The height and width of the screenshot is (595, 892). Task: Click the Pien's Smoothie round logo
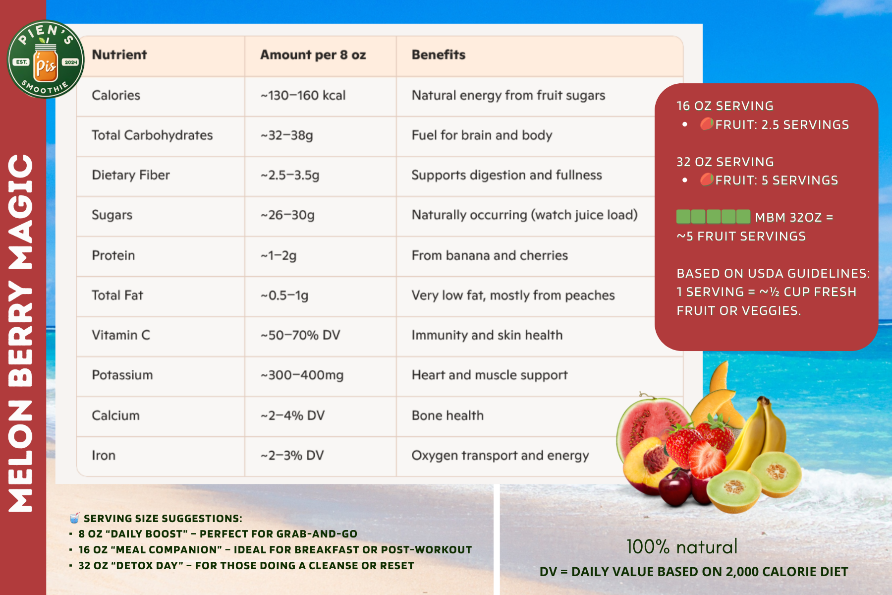click(x=46, y=59)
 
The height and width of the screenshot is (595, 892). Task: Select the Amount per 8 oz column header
click(x=313, y=55)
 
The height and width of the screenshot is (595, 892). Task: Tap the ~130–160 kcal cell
click(x=303, y=95)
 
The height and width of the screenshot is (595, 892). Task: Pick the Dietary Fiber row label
click(x=131, y=175)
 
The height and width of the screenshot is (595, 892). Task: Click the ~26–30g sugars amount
click(x=287, y=215)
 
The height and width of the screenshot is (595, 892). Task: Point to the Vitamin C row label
click(x=121, y=335)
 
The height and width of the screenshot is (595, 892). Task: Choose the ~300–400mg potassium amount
click(x=302, y=375)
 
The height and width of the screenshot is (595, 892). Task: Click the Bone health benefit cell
click(x=447, y=416)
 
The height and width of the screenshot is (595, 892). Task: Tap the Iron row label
click(x=104, y=455)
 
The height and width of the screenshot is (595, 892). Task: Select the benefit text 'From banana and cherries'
click(x=490, y=255)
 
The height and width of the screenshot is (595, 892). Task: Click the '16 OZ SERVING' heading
click(x=725, y=106)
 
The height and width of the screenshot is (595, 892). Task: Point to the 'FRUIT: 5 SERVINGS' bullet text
click(x=777, y=180)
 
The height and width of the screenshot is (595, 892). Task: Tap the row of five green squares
click(x=714, y=217)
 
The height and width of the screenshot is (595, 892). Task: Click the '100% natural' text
click(x=682, y=546)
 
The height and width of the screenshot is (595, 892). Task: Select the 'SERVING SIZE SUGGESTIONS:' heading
click(x=163, y=519)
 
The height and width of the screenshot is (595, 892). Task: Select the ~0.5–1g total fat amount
click(x=284, y=296)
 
